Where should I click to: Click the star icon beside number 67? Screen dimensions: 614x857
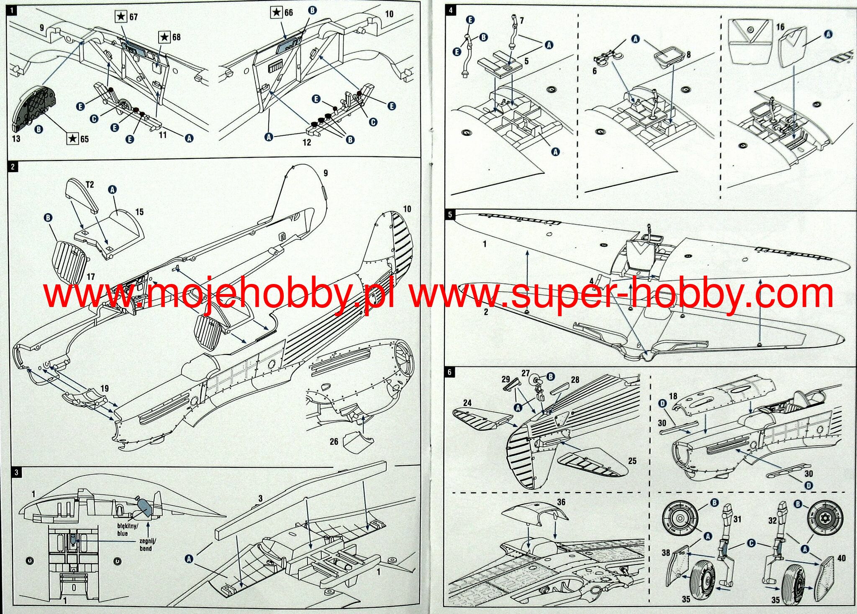[121, 17]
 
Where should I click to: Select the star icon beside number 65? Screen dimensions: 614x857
[73, 138]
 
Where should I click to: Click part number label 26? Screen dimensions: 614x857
[334, 441]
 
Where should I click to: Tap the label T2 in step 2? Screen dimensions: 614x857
[90, 184]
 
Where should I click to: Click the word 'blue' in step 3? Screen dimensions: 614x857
[123, 534]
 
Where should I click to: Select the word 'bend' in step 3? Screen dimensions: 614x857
[146, 548]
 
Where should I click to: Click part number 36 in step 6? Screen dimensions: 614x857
[561, 502]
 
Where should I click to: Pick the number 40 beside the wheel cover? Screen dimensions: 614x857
[842, 558]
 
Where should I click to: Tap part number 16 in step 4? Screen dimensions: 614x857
[780, 27]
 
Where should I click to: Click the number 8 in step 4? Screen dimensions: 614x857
[688, 54]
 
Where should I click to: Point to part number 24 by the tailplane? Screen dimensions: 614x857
[467, 403]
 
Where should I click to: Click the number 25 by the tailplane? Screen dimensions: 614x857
[632, 461]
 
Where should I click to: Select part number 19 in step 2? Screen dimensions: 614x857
[104, 389]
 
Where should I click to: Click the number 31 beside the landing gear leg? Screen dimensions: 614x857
[737, 519]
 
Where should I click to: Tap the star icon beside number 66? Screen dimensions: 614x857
[277, 13]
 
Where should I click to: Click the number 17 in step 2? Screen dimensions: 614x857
[91, 277]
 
